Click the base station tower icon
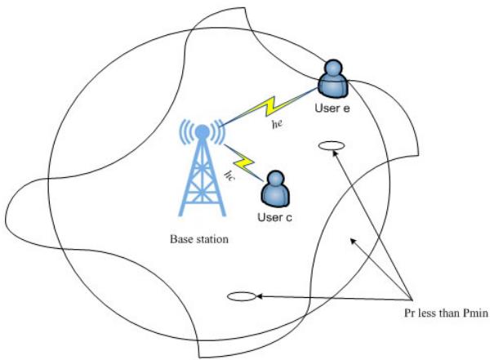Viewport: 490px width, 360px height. pos(201,176)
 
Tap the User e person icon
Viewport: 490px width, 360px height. pos(333,79)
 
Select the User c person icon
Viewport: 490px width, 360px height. pos(274,189)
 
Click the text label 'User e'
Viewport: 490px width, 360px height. pos(332,108)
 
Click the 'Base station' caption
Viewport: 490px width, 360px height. pos(199,240)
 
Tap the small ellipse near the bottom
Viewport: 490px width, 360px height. pos(243,296)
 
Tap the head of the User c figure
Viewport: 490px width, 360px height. pos(274,180)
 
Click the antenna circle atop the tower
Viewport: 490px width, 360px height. pos(202,131)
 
